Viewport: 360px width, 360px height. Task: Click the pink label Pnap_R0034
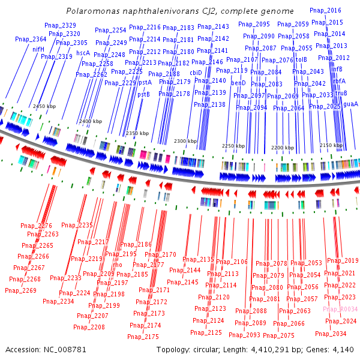340,309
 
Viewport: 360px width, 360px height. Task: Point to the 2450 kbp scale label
44,106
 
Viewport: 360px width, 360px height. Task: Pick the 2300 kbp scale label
185,141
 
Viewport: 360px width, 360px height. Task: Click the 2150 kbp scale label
332,145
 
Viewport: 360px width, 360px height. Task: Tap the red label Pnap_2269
20,290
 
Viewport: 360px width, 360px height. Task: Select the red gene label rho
118,265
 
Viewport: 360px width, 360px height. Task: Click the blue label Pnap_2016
325,10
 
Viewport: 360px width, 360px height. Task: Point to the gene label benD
238,83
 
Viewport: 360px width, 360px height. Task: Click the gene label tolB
301,59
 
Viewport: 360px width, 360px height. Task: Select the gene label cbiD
196,72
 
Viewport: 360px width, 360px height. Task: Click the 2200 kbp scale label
283,147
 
